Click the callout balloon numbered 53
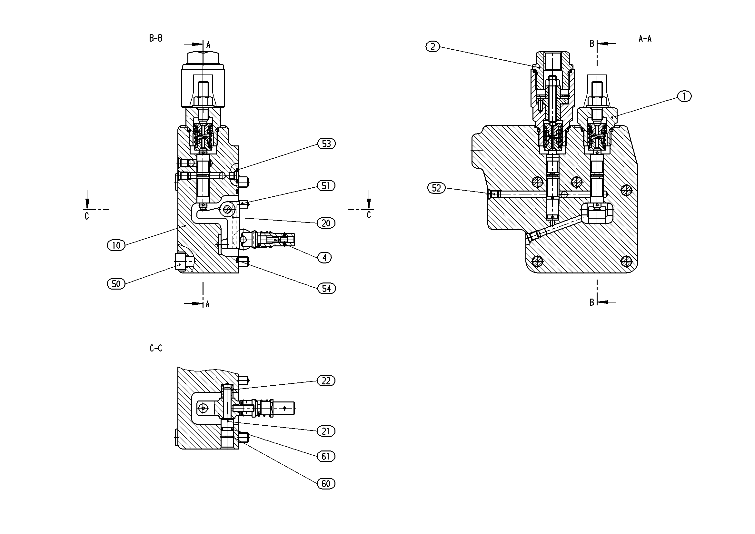tap(326, 144)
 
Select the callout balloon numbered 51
tap(326, 186)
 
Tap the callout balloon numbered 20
tap(326, 223)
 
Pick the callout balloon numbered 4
tap(324, 257)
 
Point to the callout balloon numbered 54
tap(326, 288)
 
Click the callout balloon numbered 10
tap(116, 245)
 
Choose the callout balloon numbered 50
tap(116, 283)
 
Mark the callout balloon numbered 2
tap(433, 47)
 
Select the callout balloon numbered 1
tap(685, 96)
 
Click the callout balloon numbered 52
tap(436, 188)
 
